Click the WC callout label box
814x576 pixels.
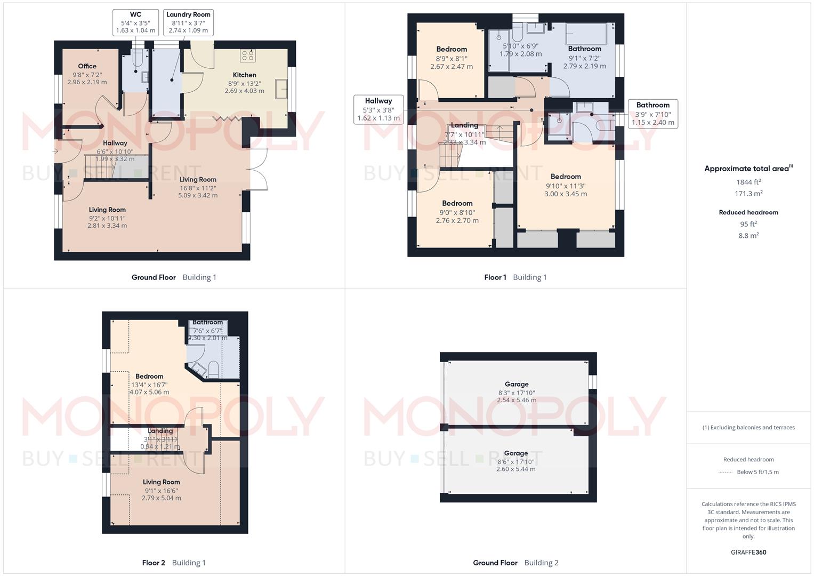click(135, 22)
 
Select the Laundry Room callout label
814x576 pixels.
click(188, 22)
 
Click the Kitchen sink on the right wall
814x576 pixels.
click(281, 89)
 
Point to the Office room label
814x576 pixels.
click(87, 66)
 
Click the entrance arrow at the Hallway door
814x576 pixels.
click(55, 151)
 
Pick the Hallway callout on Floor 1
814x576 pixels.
click(378, 109)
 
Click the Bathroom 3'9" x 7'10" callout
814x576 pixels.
click(652, 114)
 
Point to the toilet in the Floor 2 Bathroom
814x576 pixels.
click(213, 369)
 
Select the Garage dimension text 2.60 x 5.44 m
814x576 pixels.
click(515, 469)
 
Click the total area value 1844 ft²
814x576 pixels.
click(748, 182)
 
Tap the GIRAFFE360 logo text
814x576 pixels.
click(748, 552)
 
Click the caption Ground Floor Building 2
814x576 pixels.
click(515, 563)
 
